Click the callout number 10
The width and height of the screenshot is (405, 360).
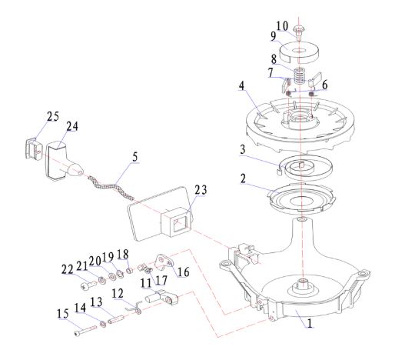click(x=282, y=26)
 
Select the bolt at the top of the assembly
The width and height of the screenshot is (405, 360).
click(x=299, y=32)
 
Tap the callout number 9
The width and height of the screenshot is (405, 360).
click(x=274, y=36)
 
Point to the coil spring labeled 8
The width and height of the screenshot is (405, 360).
click(x=300, y=76)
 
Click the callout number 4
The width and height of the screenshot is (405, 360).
click(x=241, y=85)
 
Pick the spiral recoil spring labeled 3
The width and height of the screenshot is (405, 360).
click(x=306, y=168)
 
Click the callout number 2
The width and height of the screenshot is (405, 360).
click(x=243, y=178)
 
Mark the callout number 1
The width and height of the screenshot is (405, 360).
click(x=310, y=323)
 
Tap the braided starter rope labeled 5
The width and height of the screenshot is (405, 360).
click(x=111, y=188)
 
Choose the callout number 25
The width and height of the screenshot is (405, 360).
click(x=53, y=116)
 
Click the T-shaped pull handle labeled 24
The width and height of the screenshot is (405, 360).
click(x=63, y=161)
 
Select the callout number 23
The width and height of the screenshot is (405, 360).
click(x=201, y=190)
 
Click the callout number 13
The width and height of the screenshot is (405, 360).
click(x=96, y=302)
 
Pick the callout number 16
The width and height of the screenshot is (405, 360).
click(x=184, y=272)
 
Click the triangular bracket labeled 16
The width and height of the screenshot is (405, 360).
click(x=163, y=262)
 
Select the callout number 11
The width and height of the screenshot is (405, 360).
click(x=146, y=283)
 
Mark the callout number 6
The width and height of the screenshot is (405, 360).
click(x=324, y=85)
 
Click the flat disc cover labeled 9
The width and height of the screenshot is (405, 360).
click(x=300, y=53)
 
